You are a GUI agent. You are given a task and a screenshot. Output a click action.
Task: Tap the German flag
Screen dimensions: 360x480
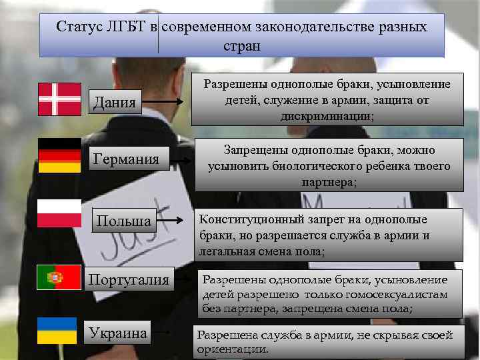pyautogui.click(x=59, y=155)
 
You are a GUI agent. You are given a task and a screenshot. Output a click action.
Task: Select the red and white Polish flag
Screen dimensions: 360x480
pyautogui.click(x=59, y=213)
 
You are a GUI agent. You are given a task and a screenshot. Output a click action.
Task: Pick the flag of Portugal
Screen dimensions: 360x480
pyautogui.click(x=59, y=276)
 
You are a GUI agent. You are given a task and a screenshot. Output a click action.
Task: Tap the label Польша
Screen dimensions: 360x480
pyautogui.click(x=125, y=220)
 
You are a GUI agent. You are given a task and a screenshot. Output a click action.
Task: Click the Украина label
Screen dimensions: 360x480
pyautogui.click(x=118, y=333)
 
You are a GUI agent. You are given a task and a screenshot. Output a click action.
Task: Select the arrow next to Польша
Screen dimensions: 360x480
pyautogui.click(x=173, y=220)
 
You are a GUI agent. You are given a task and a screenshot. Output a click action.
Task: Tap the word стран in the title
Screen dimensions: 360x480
pyautogui.click(x=242, y=47)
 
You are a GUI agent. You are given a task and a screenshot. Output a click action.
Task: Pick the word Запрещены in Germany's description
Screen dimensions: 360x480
pyautogui.click(x=255, y=151)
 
